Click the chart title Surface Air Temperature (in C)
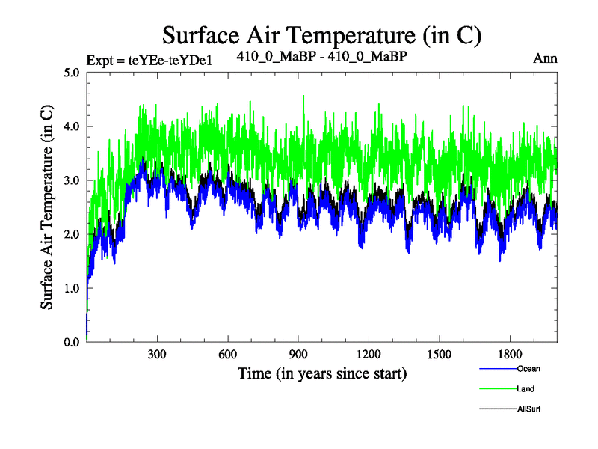coord(321,34)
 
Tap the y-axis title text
coord(46,207)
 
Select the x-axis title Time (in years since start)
coord(322,372)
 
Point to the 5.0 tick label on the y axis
coord(72,73)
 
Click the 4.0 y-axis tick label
coord(72,126)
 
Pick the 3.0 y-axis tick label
coord(72,180)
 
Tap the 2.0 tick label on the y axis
coord(72,234)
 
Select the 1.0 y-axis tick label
coord(72,288)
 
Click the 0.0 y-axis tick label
coord(72,342)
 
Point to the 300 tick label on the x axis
coord(157,354)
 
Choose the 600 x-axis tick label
coord(228,354)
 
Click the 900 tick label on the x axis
coord(298,354)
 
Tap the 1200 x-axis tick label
coord(369,354)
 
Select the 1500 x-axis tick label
coord(440,354)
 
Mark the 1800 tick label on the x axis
coord(510,354)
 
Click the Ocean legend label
coord(528,369)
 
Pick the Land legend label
coord(525,389)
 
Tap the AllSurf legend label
coord(528,409)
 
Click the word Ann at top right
coord(545,58)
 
